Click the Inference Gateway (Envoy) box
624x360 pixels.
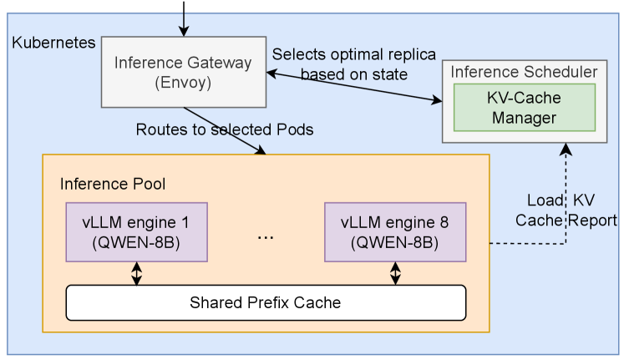point(182,72)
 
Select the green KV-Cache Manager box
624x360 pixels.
point(524,108)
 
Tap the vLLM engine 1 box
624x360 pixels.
point(136,232)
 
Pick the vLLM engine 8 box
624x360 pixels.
point(394,232)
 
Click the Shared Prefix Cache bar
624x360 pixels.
point(265,302)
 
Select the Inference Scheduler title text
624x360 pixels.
point(524,72)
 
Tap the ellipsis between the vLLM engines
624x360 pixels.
point(265,236)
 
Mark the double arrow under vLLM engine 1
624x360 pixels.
point(136,274)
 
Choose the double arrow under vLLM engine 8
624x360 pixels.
point(395,274)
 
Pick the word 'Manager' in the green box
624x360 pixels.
point(524,118)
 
